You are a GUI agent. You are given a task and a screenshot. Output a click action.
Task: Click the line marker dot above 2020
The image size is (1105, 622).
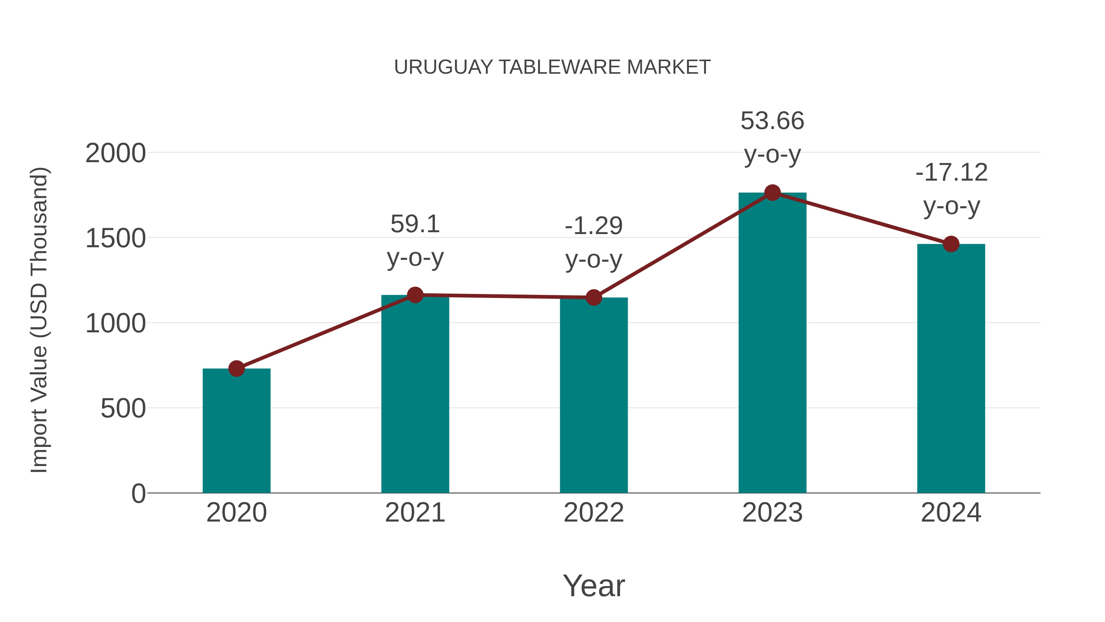236,368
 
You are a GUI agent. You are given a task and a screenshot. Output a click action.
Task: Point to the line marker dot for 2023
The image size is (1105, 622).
772,193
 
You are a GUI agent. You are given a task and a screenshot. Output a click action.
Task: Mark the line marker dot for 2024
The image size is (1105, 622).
951,244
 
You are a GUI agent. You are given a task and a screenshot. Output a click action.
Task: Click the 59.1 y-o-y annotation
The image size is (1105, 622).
415,241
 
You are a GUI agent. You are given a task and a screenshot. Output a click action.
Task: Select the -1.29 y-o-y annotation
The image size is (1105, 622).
594,243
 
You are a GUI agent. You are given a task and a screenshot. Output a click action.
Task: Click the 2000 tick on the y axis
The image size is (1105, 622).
115,153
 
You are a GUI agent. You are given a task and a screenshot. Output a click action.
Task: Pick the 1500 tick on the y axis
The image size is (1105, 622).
115,238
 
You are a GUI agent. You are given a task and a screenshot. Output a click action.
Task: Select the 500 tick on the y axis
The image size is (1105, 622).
123,408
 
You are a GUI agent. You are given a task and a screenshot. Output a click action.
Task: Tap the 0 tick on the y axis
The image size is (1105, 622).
138,493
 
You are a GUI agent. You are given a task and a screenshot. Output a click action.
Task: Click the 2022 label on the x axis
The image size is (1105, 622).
594,513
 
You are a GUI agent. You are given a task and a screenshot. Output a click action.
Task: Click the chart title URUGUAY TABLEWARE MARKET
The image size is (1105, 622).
552,67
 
